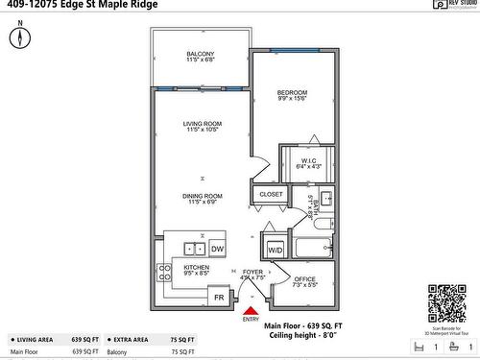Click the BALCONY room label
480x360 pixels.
tap(201, 54)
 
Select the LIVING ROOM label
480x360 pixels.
tap(203, 124)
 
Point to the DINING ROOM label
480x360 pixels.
tap(203, 196)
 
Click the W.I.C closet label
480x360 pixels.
tap(308, 160)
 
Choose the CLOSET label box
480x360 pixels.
tap(270, 194)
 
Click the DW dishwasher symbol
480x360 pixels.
tap(217, 249)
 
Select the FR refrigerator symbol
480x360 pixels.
tap(219, 298)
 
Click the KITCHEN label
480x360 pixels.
tap(197, 268)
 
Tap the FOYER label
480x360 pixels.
tap(252, 273)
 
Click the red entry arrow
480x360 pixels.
tap(251, 309)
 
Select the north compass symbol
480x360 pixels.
tap(20, 36)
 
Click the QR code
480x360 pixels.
tap(445, 302)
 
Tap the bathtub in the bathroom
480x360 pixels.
tap(312, 249)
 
